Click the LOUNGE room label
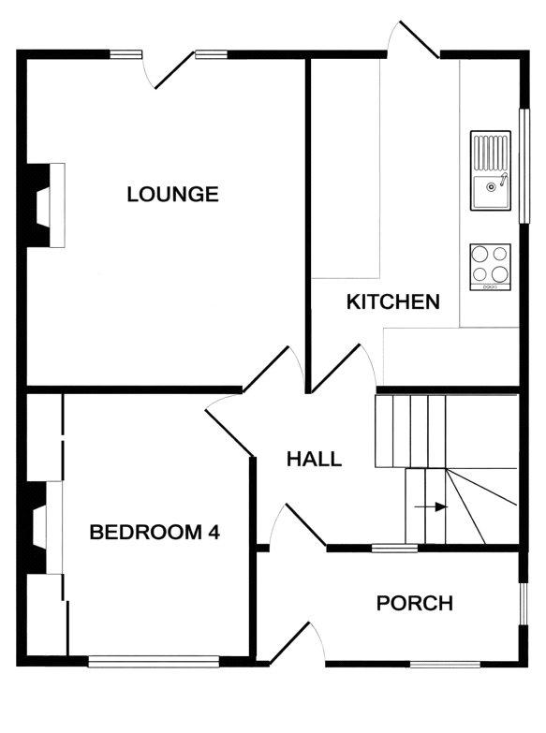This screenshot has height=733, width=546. (x=172, y=194)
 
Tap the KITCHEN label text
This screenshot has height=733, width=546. (x=393, y=302)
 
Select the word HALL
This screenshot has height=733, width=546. (x=314, y=459)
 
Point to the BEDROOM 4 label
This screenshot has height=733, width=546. (x=155, y=533)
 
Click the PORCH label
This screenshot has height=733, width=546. (x=415, y=604)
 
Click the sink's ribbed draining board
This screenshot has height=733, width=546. (x=491, y=153)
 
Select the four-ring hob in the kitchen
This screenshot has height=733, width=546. (x=491, y=267)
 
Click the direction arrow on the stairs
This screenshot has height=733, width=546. (x=431, y=506)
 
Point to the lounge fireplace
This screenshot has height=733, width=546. (x=45, y=205)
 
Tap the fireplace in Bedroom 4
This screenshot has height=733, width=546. (x=44, y=528)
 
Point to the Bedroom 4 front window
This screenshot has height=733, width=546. (x=154, y=661)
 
